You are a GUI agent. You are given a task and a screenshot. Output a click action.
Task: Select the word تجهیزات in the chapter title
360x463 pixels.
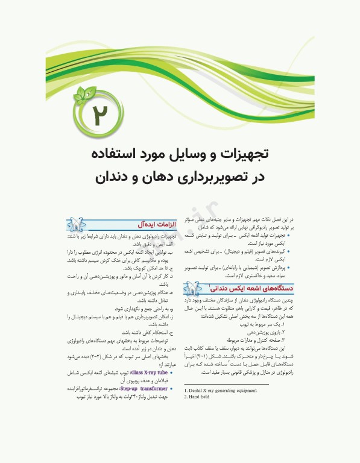coord(250,154)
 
